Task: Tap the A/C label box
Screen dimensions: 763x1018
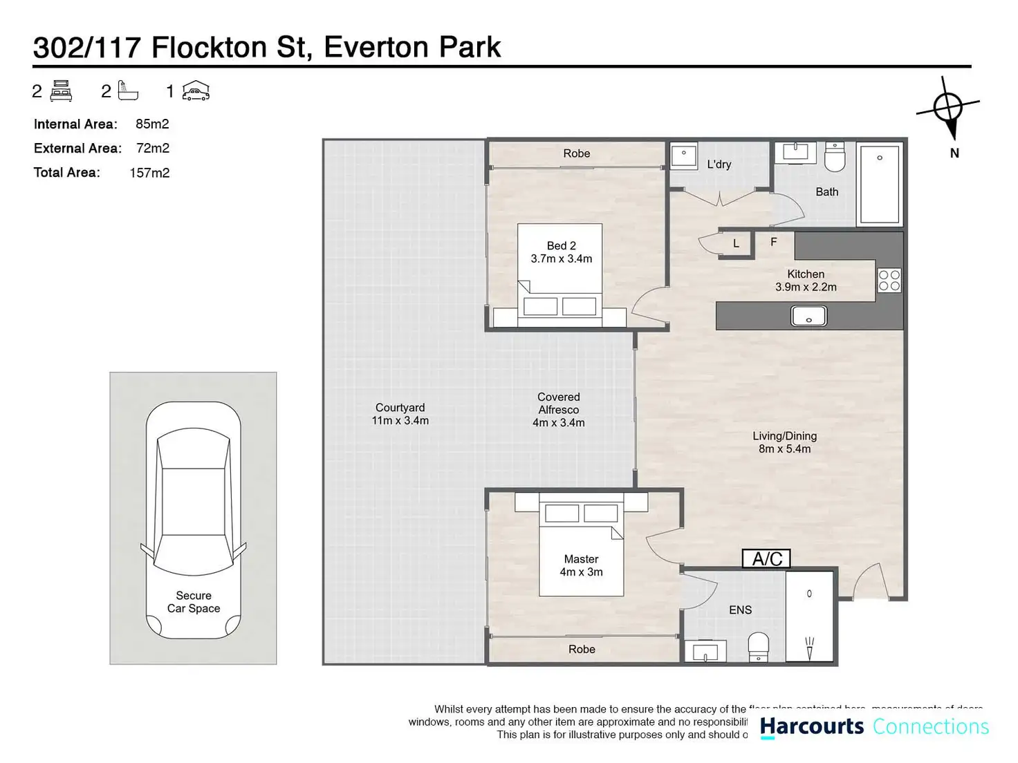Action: click(x=766, y=558)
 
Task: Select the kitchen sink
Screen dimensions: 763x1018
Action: click(x=808, y=317)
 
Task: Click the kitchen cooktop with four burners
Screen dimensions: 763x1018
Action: click(x=889, y=281)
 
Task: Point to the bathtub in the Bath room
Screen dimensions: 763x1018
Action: click(x=880, y=183)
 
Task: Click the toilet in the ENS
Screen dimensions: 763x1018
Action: click(x=759, y=647)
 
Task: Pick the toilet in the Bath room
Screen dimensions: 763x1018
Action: click(x=835, y=158)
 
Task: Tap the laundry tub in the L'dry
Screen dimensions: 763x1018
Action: click(x=684, y=156)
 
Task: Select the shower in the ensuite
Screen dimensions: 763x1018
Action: click(x=809, y=616)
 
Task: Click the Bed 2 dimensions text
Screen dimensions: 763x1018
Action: click(x=561, y=258)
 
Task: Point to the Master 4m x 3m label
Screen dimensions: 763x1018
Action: click(x=581, y=565)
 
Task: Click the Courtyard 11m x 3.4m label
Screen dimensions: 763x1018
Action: click(x=400, y=414)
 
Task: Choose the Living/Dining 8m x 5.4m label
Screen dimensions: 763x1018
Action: click(x=784, y=442)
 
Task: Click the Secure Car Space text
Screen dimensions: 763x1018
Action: click(x=194, y=602)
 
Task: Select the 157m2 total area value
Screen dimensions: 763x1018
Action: click(x=149, y=173)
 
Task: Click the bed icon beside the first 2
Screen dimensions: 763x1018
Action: click(x=62, y=91)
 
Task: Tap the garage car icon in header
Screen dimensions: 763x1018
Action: click(x=196, y=91)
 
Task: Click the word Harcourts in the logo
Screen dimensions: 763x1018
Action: click(x=812, y=727)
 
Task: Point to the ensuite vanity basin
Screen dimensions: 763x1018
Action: click(x=705, y=652)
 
